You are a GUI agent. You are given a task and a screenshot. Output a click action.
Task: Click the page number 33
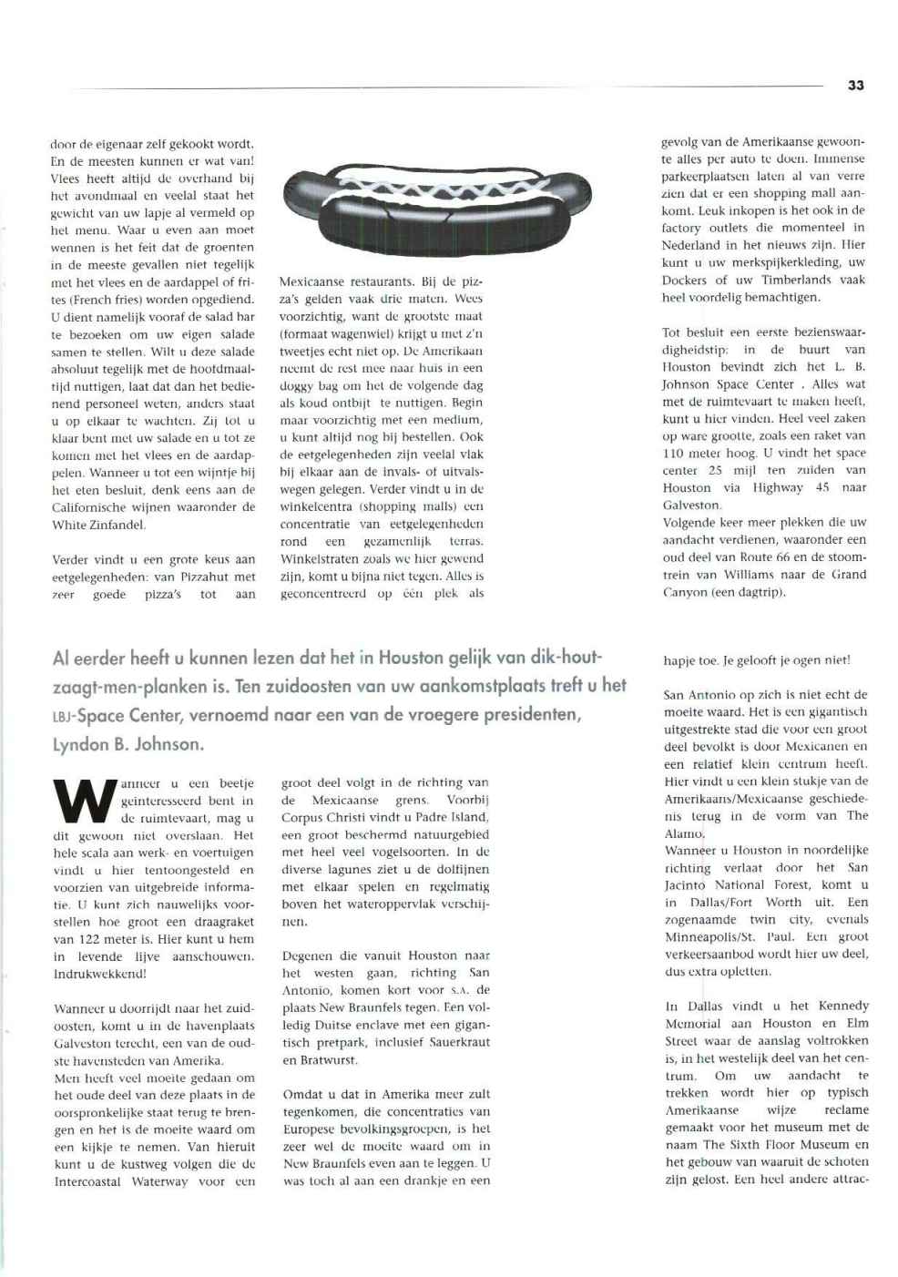pyautogui.click(x=854, y=85)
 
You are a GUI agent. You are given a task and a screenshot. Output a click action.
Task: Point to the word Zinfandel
pyautogui.click(x=117, y=525)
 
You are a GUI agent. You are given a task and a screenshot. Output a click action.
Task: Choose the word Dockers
pyautogui.click(x=684, y=280)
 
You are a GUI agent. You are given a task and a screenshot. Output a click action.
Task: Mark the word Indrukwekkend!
pyautogui.click(x=100, y=974)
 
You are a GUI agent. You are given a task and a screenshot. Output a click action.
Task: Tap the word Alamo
pyautogui.click(x=683, y=833)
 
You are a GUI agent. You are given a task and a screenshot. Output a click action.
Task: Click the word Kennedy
pyautogui.click(x=842, y=1006)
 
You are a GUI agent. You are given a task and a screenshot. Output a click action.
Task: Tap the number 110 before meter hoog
pyautogui.click(x=674, y=453)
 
